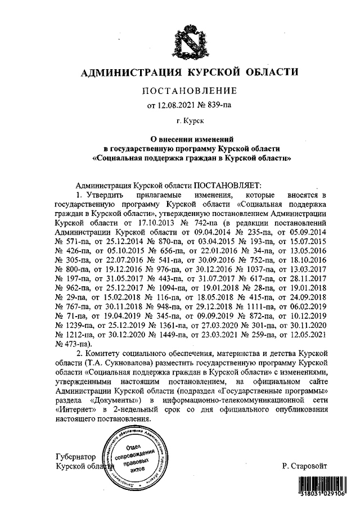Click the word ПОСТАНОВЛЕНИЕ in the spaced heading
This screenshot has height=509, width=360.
click(189, 91)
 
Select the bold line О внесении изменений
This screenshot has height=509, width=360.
click(190, 138)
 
